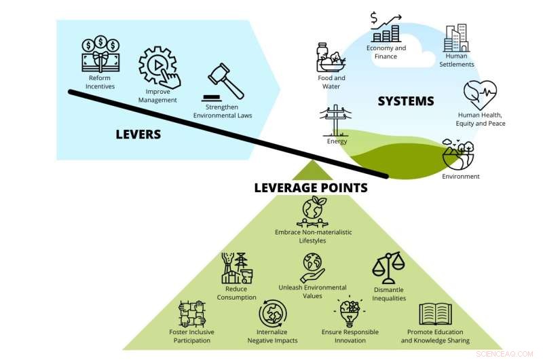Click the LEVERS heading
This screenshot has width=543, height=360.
pyautogui.click(x=138, y=134)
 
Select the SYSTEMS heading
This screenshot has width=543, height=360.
pyautogui.click(x=405, y=101)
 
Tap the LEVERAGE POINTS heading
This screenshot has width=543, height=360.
pyautogui.click(x=310, y=187)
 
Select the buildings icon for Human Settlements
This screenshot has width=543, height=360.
pyautogui.click(x=456, y=39)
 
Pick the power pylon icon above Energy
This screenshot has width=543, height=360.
pyautogui.click(x=337, y=120)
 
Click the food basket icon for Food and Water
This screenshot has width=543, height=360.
pyautogui.click(x=331, y=57)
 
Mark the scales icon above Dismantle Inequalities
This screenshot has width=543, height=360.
pyautogui.click(x=388, y=267)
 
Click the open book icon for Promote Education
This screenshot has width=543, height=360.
pyautogui.click(x=435, y=314)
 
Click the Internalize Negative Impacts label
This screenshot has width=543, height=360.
pyautogui.click(x=272, y=336)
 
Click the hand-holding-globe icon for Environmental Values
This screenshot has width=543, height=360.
pyautogui.click(x=312, y=266)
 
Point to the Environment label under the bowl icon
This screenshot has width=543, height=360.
pyautogui.click(x=460, y=177)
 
